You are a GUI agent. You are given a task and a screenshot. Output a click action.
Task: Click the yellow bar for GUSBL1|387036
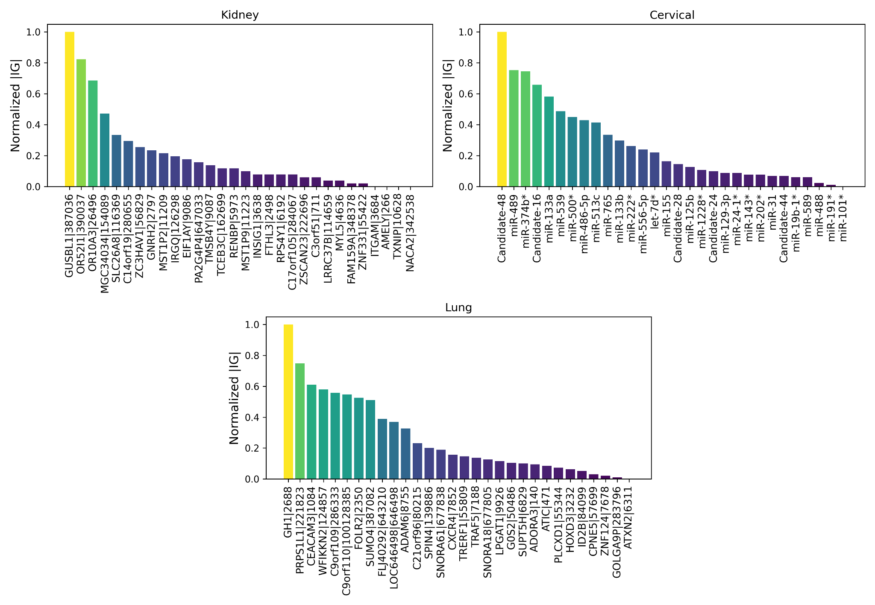pyautogui.click(x=70, y=109)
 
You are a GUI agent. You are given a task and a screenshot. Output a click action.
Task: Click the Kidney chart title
pyautogui.click(x=240, y=15)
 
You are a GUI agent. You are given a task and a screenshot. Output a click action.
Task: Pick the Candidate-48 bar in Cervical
pyautogui.click(x=502, y=109)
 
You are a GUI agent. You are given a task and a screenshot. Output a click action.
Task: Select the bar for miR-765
pyautogui.click(x=608, y=161)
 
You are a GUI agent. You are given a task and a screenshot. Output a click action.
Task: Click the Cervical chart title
pyautogui.click(x=672, y=15)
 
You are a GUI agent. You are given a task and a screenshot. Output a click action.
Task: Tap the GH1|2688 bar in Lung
pyautogui.click(x=288, y=402)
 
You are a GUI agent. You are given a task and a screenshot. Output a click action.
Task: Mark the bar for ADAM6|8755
pyautogui.click(x=405, y=454)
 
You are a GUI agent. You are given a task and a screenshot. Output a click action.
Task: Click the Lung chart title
pyautogui.click(x=458, y=307)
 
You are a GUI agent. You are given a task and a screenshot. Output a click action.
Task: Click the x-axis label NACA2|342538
pyautogui.click(x=410, y=232)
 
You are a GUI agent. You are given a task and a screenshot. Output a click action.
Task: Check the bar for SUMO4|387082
pyautogui.click(x=370, y=440)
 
